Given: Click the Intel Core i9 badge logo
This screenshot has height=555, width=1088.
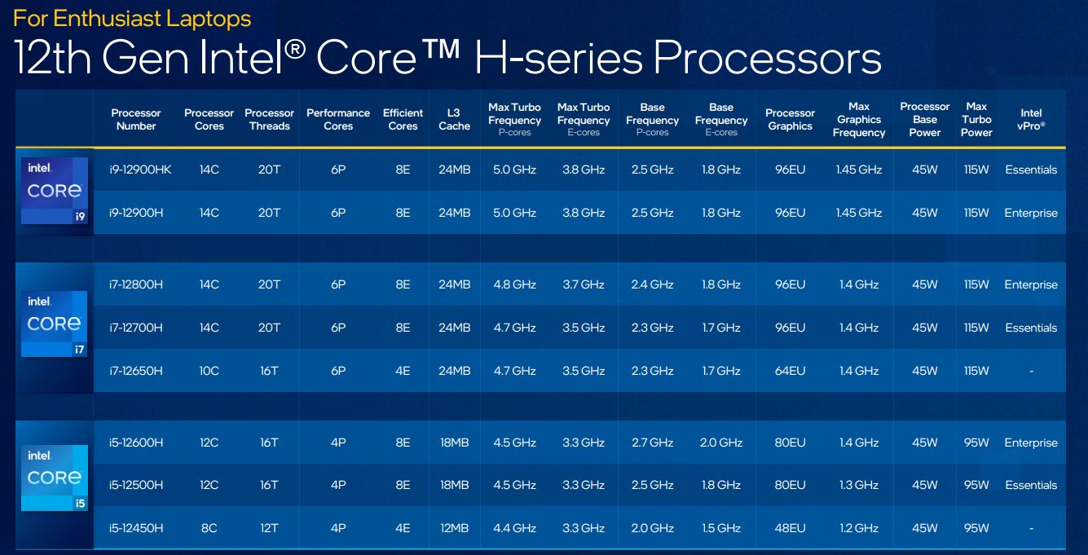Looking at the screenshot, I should point(54,192).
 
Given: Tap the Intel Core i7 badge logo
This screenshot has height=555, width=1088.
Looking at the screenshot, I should point(54,324).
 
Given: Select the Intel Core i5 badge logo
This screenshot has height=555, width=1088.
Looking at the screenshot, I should point(54,478).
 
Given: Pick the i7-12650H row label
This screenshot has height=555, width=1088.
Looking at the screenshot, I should point(136,371).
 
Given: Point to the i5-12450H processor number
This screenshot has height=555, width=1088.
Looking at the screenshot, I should point(136,528).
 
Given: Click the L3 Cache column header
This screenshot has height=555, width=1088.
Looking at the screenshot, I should point(454,120).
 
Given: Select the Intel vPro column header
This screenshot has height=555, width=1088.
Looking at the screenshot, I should point(1031,120).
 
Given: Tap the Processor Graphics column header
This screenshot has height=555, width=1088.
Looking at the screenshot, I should point(790,120).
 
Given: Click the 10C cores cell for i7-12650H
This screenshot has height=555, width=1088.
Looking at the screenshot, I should point(209,371).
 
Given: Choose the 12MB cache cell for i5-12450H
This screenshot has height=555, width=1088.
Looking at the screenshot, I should point(454,528).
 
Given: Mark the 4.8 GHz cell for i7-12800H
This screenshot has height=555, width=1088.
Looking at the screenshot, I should point(514,284).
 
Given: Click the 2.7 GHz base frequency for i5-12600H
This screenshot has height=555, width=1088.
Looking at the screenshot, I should point(652,443).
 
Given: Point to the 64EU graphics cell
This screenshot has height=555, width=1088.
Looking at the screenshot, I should point(790,371).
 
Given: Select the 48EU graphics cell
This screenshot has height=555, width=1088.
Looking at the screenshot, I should point(790,528).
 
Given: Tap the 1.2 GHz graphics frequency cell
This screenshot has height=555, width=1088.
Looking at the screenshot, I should point(859,528).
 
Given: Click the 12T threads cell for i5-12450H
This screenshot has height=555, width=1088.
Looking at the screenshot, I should point(269,528).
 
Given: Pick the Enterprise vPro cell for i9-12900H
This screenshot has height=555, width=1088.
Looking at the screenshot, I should point(1031,213).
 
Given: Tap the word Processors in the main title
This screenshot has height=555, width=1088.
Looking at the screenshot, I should point(767,59).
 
